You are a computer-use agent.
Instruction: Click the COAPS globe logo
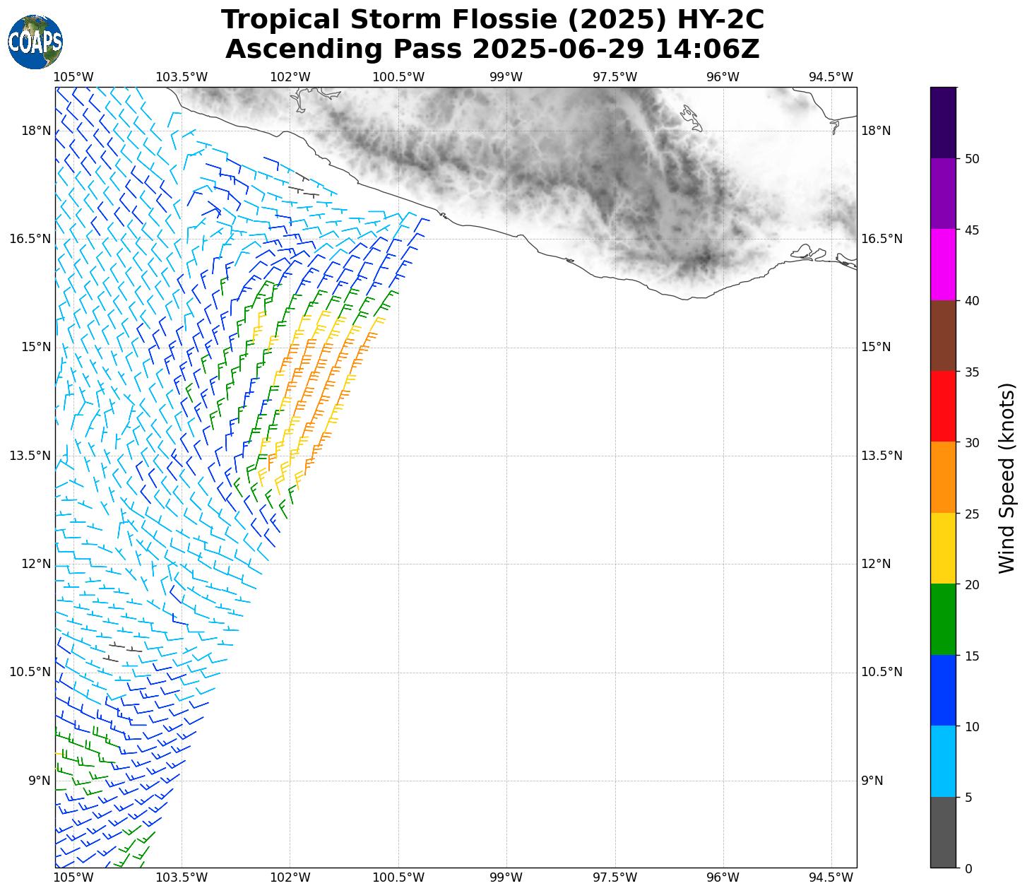coord(35,42)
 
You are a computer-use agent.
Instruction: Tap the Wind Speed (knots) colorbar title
coord(1007,478)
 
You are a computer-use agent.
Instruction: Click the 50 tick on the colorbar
coord(972,158)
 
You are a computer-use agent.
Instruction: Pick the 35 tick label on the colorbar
coord(972,372)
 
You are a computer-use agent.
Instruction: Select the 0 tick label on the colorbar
coord(968,868)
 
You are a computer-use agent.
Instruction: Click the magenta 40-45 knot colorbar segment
coord(943,265)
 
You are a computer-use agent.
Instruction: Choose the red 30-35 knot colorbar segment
coord(943,406)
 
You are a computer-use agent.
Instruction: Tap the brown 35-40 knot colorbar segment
coord(943,336)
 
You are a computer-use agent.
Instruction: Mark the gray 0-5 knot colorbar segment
coord(943,832)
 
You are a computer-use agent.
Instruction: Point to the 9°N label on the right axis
coord(872,781)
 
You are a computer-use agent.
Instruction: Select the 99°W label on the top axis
coord(506,77)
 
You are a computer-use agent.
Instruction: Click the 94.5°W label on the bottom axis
coord(831,878)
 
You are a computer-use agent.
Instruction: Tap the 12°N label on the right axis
coord(876,564)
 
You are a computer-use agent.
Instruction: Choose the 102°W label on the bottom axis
coord(290,878)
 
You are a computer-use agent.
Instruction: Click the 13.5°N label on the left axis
coord(30,456)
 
